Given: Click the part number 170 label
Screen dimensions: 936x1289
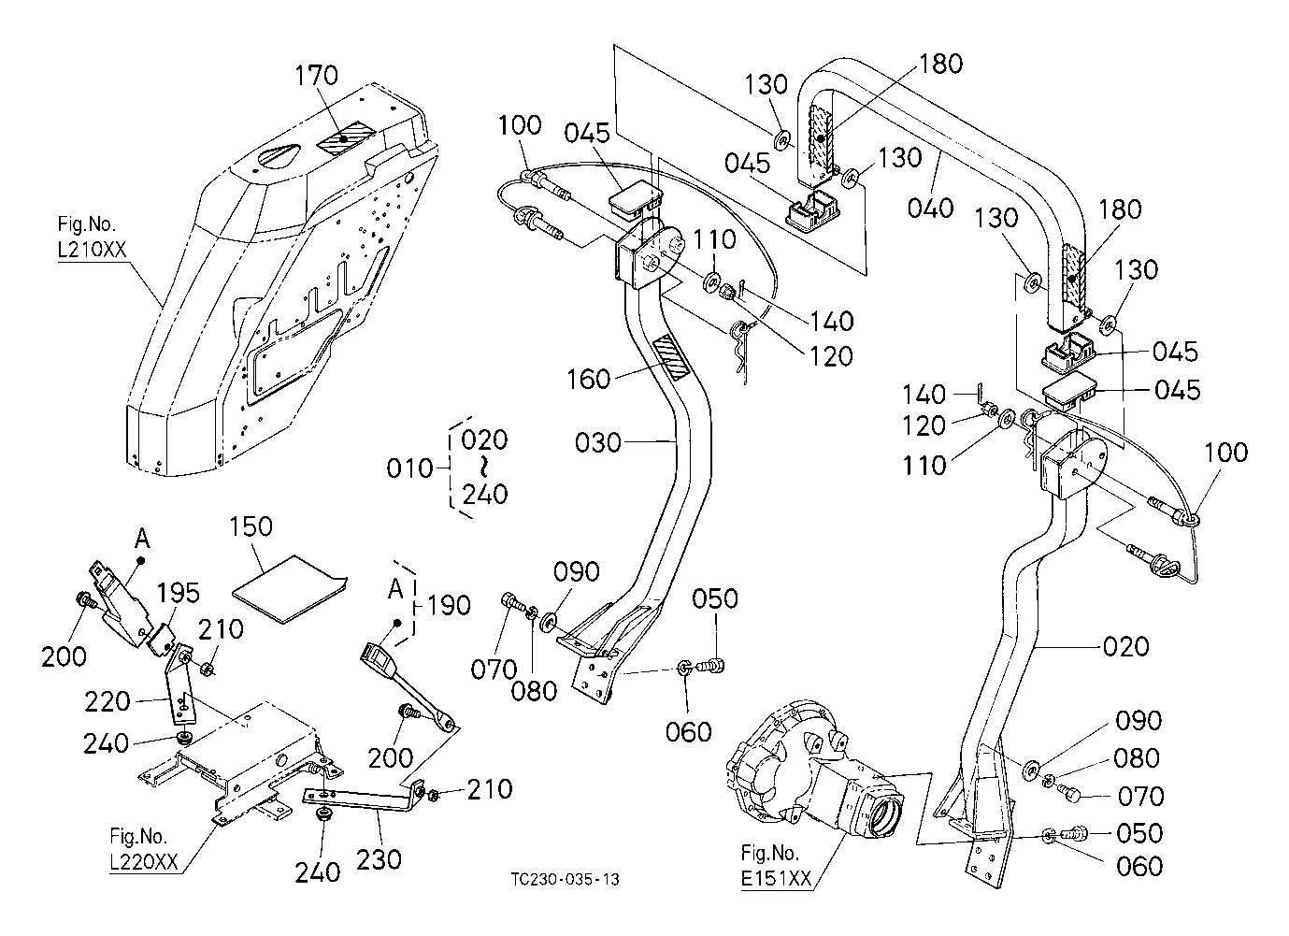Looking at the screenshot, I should click(318, 75).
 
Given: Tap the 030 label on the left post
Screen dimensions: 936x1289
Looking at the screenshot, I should click(598, 441).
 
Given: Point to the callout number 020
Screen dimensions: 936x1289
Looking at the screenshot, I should click(1125, 646).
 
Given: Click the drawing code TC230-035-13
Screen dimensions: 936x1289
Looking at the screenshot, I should click(565, 880).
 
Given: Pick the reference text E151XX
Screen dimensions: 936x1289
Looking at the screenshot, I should click(776, 880).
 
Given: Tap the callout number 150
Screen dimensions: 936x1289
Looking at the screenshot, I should click(251, 526).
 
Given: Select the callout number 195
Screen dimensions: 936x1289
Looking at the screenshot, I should click(178, 593).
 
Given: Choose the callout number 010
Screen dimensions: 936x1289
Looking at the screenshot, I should click(411, 467).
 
